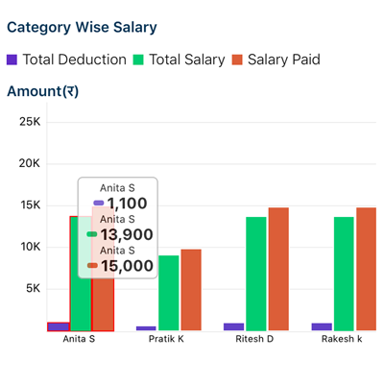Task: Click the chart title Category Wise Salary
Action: click(82, 28)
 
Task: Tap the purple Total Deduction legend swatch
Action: click(12, 60)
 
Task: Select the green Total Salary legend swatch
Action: click(138, 60)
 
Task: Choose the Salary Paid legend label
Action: click(283, 60)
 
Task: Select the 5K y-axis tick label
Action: click(32, 288)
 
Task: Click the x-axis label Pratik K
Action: click(166, 339)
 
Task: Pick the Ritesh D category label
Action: click(254, 339)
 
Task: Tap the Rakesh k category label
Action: click(343, 339)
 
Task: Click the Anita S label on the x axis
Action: click(79, 339)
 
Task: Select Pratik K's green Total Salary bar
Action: click(169, 293)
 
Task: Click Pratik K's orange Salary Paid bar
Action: click(191, 290)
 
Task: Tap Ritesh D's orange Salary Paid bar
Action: click(278, 269)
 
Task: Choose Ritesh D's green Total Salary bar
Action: click(256, 274)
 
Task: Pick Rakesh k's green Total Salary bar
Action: click(345, 274)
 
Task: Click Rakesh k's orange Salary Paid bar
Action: click(367, 269)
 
